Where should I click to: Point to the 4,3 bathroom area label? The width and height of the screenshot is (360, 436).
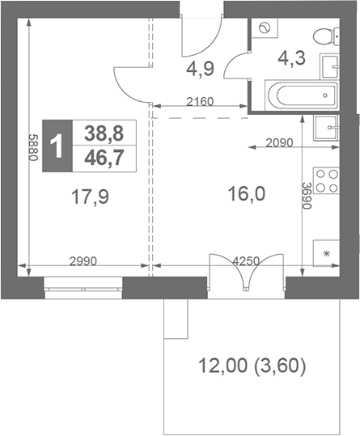point(292,59)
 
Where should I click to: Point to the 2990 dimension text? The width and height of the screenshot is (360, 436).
point(83,260)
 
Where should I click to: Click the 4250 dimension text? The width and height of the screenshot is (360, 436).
point(246,260)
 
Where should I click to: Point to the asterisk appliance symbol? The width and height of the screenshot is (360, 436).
point(327,253)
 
